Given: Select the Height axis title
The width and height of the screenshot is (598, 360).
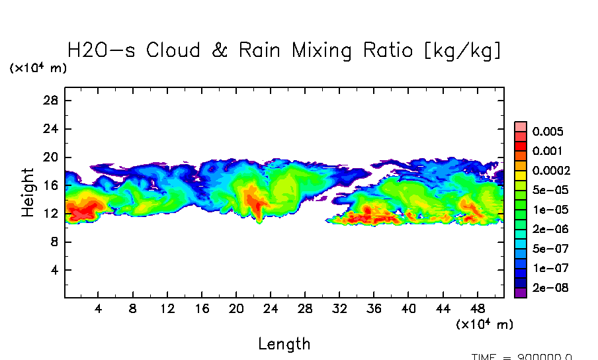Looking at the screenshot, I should coord(27,192).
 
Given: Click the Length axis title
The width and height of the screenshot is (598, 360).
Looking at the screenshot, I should coord(284,343).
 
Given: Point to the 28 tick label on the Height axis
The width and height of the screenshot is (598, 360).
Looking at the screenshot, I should coord(51,101).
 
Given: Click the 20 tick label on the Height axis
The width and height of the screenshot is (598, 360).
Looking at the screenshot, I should coord(51,157).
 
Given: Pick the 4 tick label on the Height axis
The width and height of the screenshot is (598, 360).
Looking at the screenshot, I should coord(54,271).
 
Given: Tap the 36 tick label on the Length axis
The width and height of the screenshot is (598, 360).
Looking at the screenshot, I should coord(374,308).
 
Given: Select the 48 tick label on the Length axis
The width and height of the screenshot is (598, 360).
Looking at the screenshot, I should coord(478,308).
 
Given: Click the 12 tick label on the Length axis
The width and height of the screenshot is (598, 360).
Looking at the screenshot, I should coord(167,308).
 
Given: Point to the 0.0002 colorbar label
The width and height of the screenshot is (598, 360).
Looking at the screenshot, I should coord(550,171).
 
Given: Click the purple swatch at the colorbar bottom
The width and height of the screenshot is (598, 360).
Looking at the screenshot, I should coord(521,292).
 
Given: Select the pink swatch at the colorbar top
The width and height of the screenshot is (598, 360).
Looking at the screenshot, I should coord(521,126).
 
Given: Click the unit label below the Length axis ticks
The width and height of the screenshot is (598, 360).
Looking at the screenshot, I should coord(484,324).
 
